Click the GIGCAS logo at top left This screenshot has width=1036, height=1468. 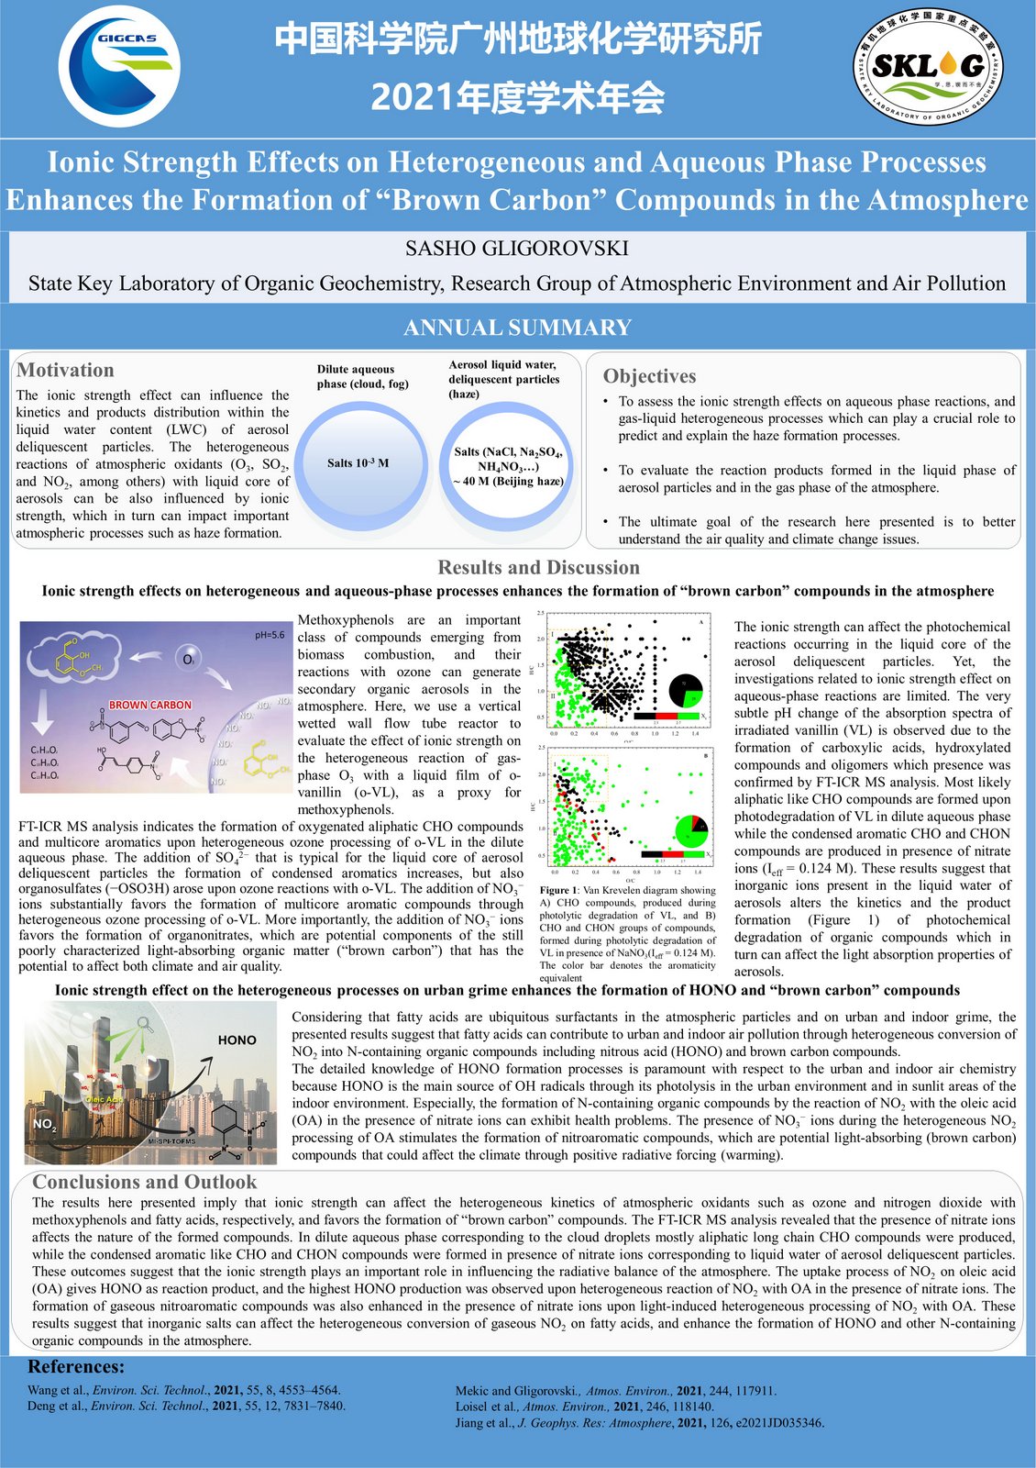click(119, 64)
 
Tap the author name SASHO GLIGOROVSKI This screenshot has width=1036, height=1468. click(517, 248)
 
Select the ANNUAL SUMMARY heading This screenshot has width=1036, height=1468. click(517, 328)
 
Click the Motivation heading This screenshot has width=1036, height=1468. click(65, 370)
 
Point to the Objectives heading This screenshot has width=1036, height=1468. click(649, 376)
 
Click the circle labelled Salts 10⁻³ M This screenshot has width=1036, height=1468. click(358, 463)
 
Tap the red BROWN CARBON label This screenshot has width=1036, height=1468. click(150, 705)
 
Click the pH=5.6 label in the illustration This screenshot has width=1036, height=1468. click(270, 635)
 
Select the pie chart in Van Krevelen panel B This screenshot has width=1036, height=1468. click(690, 830)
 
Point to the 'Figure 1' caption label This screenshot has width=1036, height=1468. click(558, 890)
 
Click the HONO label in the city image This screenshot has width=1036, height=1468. click(237, 1040)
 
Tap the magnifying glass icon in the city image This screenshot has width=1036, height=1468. click(143, 1025)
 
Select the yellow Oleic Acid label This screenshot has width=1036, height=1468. click(104, 1099)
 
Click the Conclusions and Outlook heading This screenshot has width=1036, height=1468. click(144, 1182)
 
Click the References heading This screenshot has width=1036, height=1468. click(76, 1367)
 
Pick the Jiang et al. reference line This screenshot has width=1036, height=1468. click(639, 1423)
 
